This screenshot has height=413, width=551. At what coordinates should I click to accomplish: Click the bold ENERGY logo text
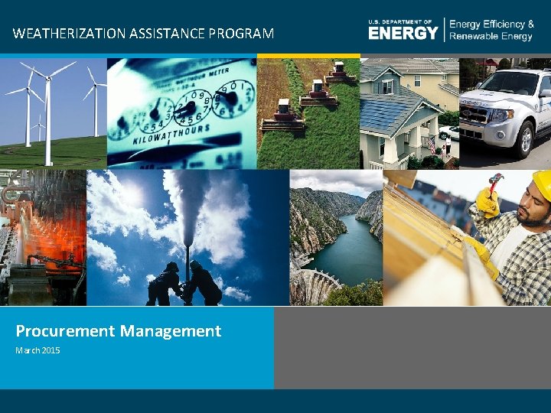coord(403,33)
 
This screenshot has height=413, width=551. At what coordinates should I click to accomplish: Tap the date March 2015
coord(37,350)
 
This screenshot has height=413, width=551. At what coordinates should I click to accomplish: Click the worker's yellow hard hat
coord(542,183)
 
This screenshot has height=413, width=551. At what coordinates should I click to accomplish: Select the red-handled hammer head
coord(495,180)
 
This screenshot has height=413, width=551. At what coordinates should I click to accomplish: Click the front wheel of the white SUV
coord(526,138)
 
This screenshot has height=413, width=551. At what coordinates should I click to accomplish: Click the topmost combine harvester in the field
coord(337,73)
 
